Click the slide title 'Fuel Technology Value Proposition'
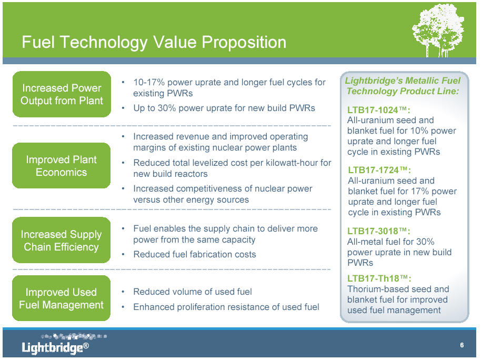154,42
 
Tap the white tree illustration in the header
438,30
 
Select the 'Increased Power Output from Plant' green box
62,94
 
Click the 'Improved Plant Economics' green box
62,165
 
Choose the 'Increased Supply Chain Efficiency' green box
62,240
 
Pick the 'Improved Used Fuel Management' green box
62,298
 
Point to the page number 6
461,345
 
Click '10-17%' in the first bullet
149,82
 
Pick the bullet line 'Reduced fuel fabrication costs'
194,254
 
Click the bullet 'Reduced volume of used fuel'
193,292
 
